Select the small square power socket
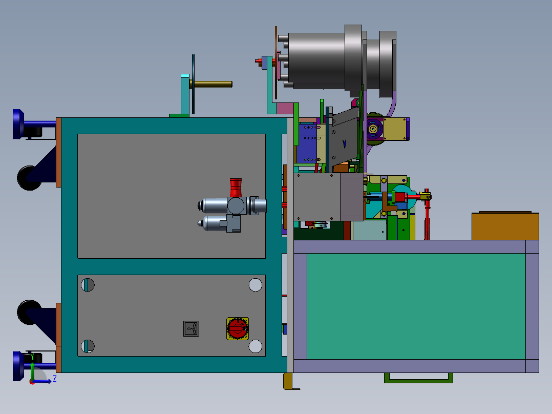tap(191, 328)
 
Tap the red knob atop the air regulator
tap(236, 187)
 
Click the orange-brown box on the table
tap(504, 226)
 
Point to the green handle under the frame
tap(418, 378)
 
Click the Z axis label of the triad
tap(54, 379)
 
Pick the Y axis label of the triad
tap(32, 357)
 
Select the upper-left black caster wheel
tap(29, 177)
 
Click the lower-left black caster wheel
tap(29, 312)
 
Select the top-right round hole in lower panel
tap(255, 285)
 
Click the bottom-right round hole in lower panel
tap(255, 346)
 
